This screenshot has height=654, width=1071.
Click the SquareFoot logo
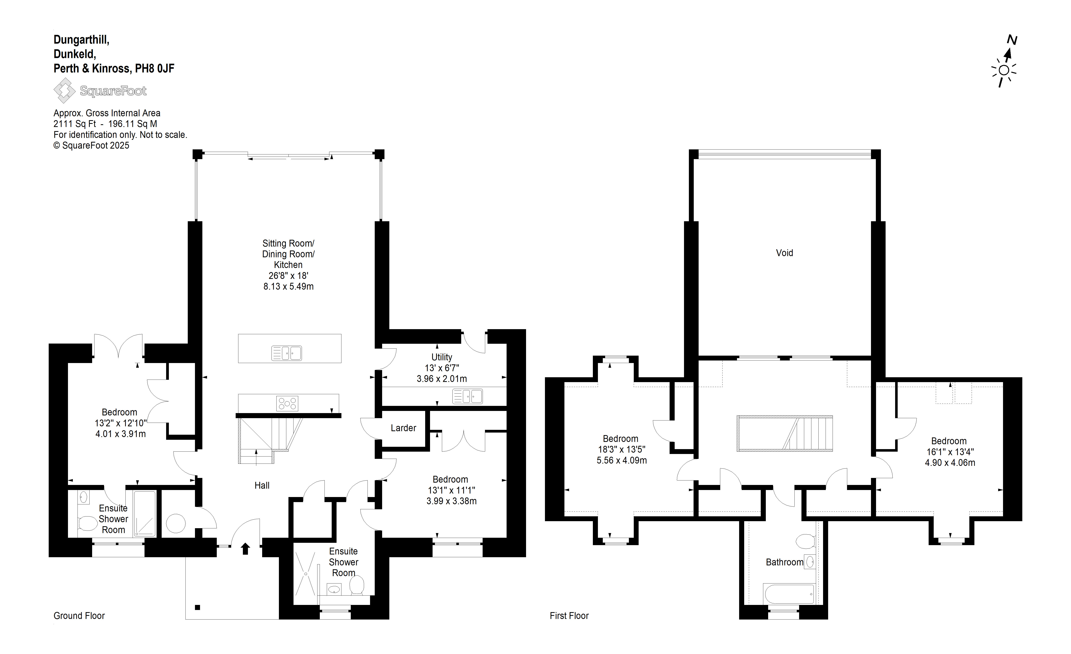[x=100, y=90]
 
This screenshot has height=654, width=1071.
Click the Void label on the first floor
[x=785, y=253]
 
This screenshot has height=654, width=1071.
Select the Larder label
[x=403, y=428]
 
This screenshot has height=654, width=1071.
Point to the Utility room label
[x=442, y=357]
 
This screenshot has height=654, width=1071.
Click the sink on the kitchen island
[x=286, y=353]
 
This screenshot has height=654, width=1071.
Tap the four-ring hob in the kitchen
[x=287, y=403]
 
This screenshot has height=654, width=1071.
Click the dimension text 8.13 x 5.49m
[x=289, y=286]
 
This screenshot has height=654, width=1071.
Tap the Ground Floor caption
[x=79, y=616]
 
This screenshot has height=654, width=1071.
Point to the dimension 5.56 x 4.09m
[x=621, y=460]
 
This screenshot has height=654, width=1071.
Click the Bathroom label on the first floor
[x=785, y=562]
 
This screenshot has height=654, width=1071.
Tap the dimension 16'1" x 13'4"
[x=950, y=452]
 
